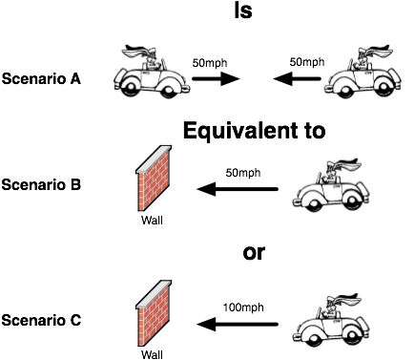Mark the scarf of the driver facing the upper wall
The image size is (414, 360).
(x=345, y=164)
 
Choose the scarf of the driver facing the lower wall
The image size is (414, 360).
(x=345, y=300)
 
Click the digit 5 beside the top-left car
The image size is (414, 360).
(x=195, y=64)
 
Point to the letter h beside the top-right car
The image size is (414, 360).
(x=321, y=63)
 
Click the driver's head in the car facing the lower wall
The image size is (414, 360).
(x=331, y=310)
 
